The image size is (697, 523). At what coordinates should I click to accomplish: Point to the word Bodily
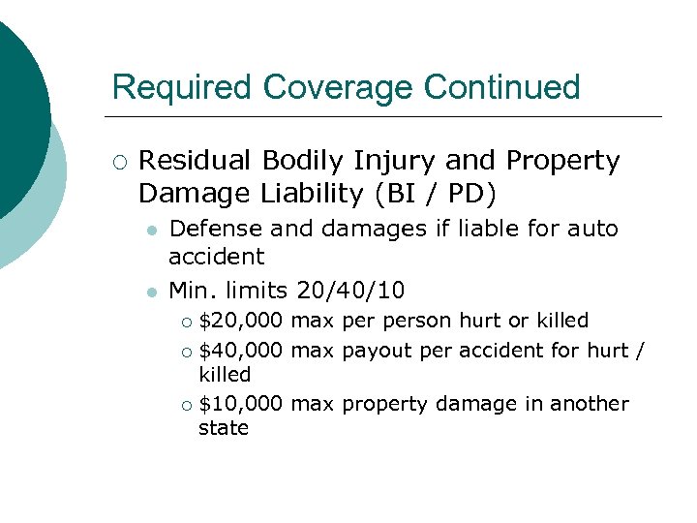[310, 161]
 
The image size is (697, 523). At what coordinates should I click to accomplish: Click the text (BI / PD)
[434, 194]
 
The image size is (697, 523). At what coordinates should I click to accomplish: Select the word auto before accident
[591, 229]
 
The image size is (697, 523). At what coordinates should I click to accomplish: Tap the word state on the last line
[224, 428]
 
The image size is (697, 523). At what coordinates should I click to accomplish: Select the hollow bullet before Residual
[119, 162]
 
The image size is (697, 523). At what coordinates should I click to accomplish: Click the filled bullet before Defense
[150, 231]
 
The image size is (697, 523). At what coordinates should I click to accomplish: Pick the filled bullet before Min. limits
[150, 291]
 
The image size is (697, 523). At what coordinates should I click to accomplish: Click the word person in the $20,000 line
[418, 320]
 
